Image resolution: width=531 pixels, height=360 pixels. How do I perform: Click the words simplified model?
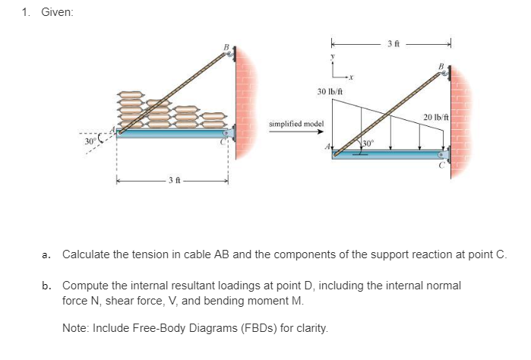pos(296,123)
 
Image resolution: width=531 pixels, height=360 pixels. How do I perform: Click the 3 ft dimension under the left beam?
pos(173,181)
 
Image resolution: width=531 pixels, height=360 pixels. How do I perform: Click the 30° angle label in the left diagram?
pos(90,141)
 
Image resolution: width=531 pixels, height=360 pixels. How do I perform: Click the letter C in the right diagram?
pos(441,168)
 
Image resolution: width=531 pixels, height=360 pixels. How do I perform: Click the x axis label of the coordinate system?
pos(352,77)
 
